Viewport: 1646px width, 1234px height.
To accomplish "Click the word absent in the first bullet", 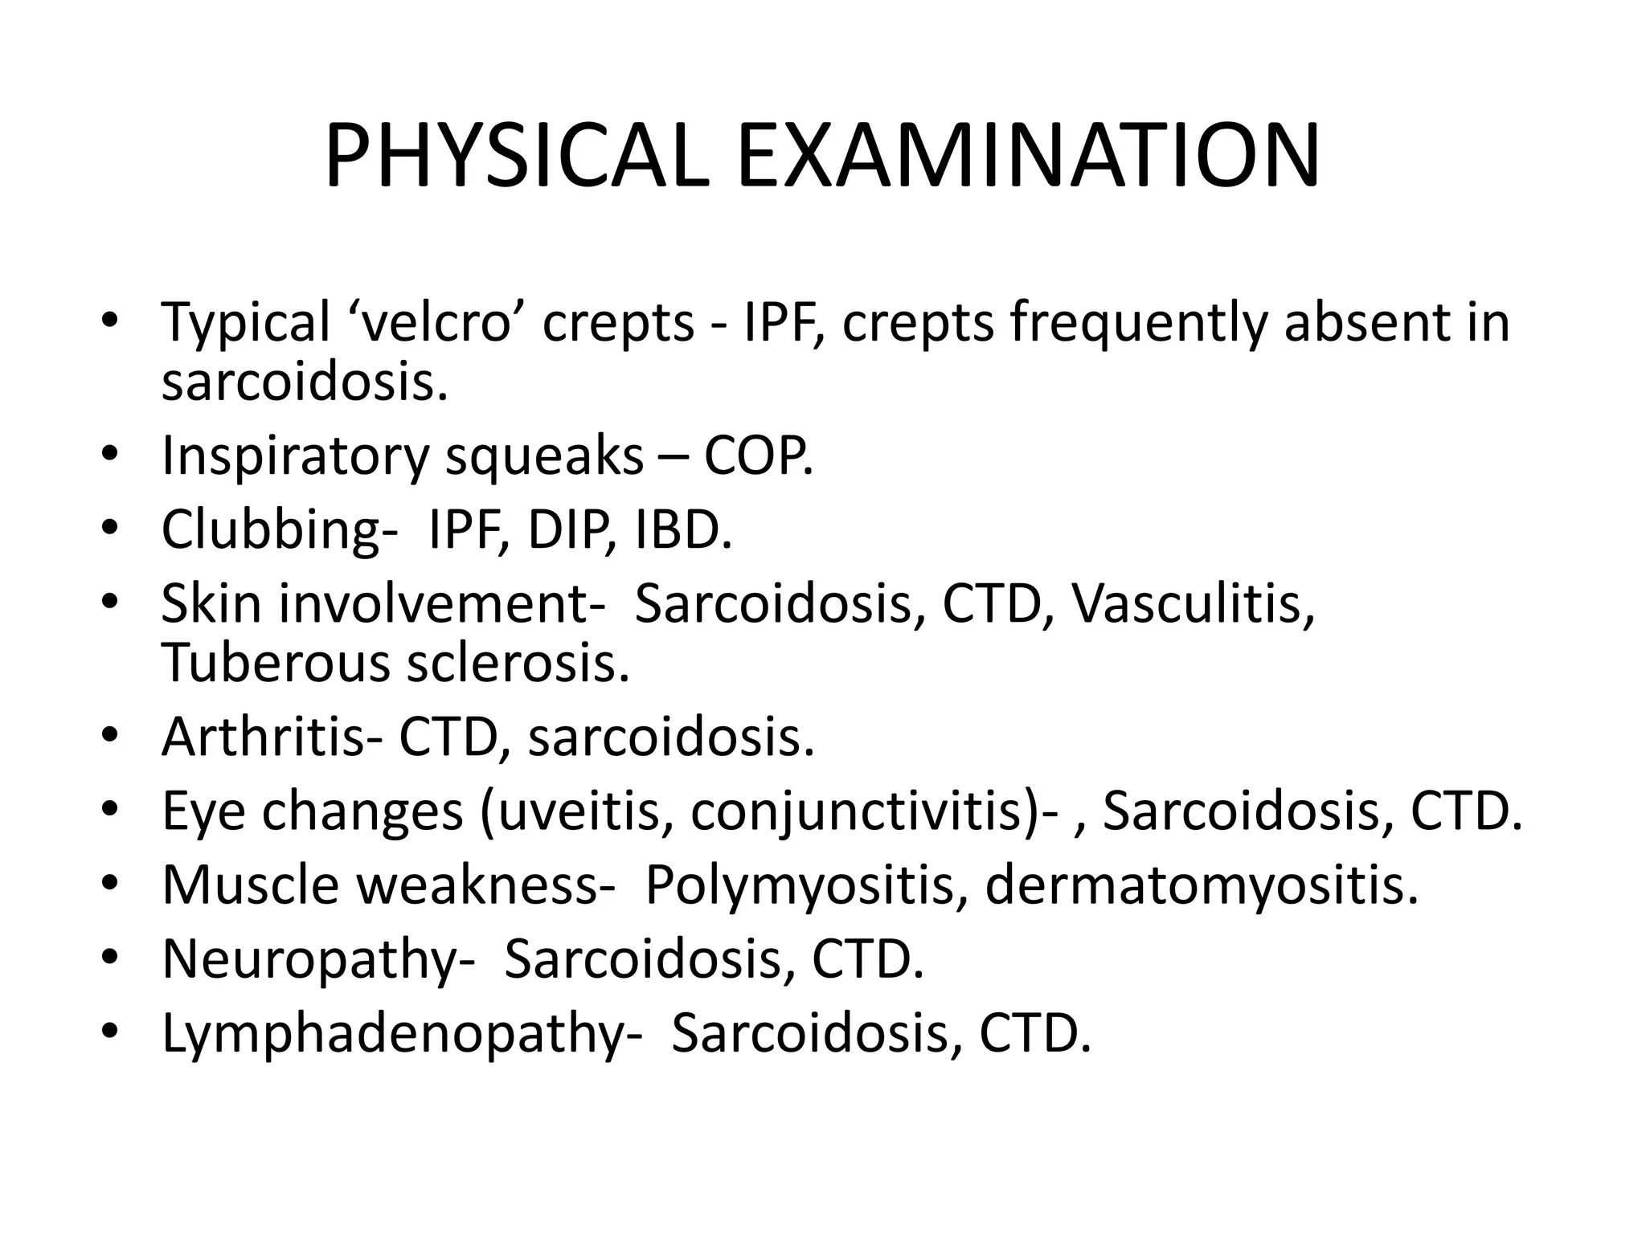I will pyautogui.click(x=1371, y=321).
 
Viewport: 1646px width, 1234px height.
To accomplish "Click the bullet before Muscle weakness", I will pyautogui.click(x=110, y=885).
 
